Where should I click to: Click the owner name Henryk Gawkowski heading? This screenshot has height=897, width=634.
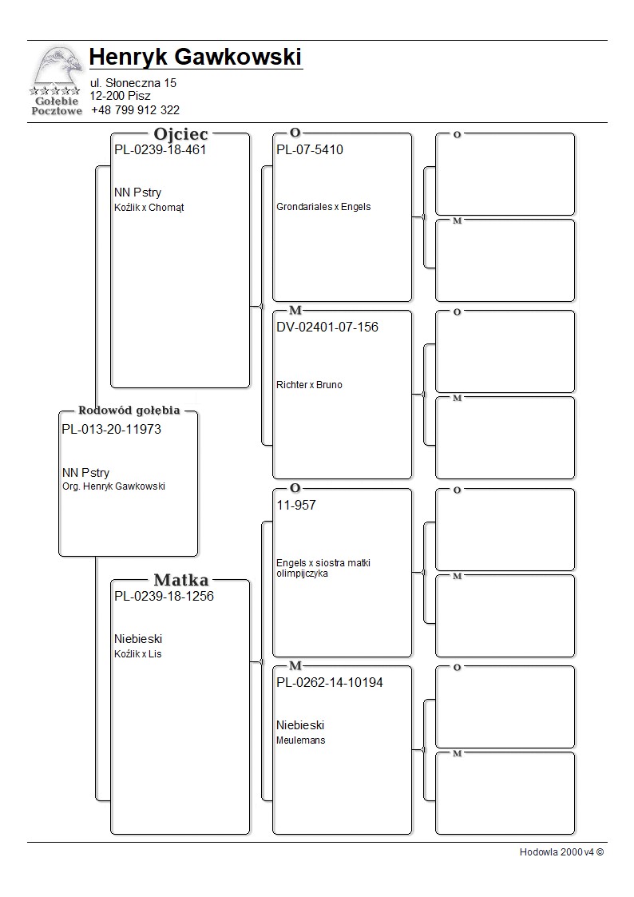pos(196,58)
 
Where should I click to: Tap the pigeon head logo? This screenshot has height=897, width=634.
pos(56,68)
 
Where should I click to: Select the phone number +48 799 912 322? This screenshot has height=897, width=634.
pos(135,110)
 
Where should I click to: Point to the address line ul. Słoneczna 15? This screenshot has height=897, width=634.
pos(133,83)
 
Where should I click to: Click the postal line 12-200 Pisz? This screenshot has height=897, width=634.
pos(120,96)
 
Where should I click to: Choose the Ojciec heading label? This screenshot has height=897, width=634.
pos(180,135)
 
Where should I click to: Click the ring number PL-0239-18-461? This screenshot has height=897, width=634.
pos(160,150)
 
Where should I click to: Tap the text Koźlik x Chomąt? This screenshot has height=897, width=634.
pos(149,208)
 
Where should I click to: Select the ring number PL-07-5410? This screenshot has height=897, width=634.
pos(310,150)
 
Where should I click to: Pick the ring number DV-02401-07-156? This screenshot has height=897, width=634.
pos(327,327)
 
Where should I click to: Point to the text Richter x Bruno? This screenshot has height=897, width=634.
pos(309,385)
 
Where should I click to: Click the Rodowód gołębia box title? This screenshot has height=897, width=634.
pos(129,411)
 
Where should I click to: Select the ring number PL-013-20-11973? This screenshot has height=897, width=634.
pos(111,430)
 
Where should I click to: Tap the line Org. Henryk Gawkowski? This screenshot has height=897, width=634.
pos(113,486)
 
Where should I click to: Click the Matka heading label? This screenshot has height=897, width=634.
pos(180,581)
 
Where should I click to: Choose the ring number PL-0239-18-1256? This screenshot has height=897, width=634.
pos(164,596)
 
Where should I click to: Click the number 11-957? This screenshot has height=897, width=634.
pos(296,506)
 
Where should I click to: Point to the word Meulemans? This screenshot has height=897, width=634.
pos(301,740)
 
